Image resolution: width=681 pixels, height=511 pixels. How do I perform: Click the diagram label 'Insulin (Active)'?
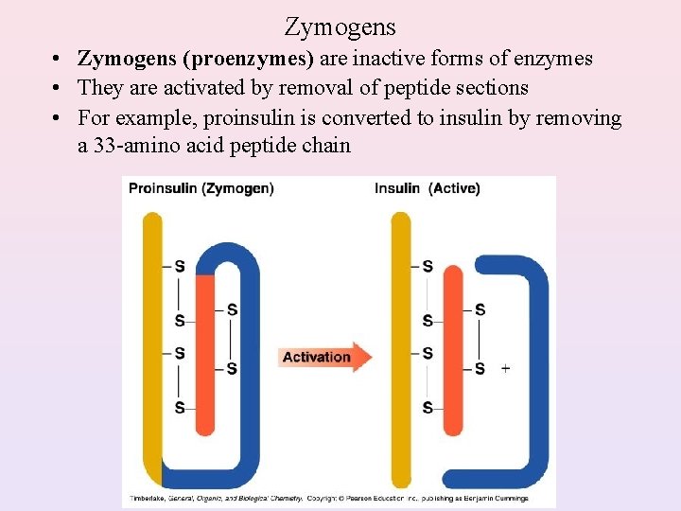tap(428, 188)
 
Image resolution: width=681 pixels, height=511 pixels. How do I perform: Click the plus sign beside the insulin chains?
tap(505, 368)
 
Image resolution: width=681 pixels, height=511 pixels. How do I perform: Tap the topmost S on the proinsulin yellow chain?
tap(180, 266)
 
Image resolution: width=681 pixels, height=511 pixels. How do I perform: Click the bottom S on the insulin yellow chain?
tap(428, 408)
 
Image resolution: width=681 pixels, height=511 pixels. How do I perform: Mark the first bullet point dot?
tap(59, 60)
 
